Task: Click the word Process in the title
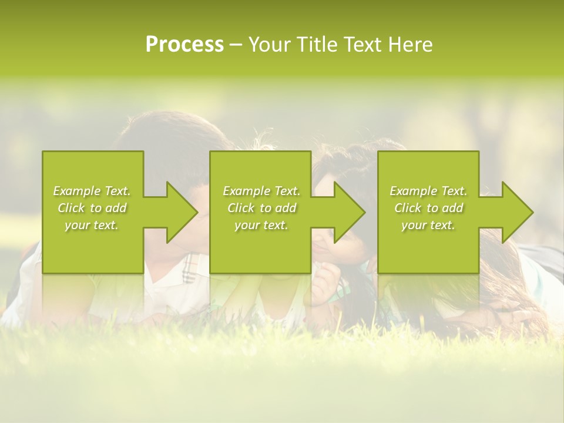[184, 45]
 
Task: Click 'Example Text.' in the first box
[92, 191]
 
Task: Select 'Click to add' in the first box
[92, 208]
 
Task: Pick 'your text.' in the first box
[92, 225]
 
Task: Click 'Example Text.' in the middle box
[261, 191]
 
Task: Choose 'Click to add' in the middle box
[261, 208]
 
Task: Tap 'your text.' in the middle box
[261, 225]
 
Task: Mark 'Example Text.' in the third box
[428, 191]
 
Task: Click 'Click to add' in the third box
[428, 208]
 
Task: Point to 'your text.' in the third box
[428, 225]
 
